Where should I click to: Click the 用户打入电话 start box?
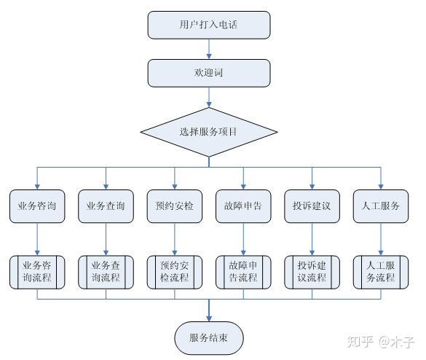209,25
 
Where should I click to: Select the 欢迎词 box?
209,73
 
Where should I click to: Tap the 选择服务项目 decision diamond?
209,132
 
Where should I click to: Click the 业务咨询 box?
37,206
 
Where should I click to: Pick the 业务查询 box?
106,206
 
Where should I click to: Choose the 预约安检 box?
175,206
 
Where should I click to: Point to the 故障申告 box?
243,206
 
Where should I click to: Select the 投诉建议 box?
312,206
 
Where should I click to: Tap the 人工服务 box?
381,206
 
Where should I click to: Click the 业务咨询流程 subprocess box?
37,272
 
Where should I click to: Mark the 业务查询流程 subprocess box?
106,272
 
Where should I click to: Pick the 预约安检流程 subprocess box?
175,272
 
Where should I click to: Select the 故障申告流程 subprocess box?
243,272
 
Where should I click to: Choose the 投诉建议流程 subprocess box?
312,272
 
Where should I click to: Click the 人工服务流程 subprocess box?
381,272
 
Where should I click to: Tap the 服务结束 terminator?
209,338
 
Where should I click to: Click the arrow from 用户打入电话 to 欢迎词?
209,49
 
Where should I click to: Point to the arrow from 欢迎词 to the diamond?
209,98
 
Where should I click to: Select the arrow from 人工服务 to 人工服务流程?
381,239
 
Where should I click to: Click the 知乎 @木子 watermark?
381,342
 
